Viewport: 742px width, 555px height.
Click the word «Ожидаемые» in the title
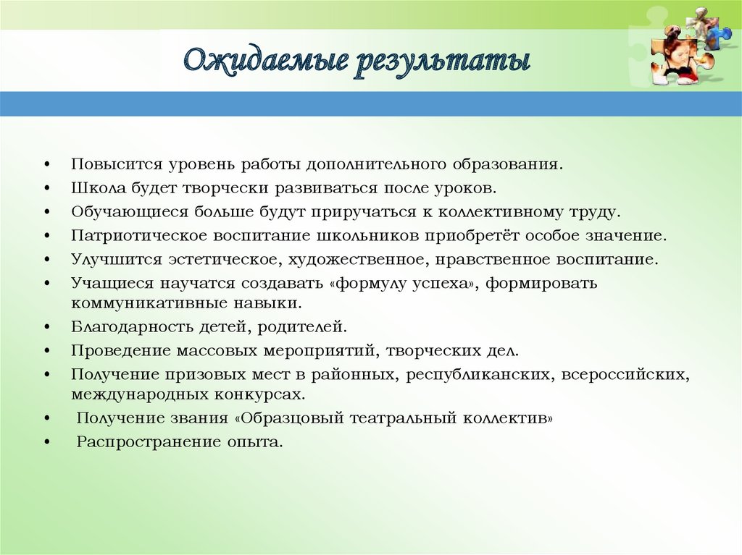pyautogui.click(x=265, y=62)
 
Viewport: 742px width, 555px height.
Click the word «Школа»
pyautogui.click(x=99, y=187)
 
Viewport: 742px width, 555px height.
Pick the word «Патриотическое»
pyautogui.click(x=139, y=235)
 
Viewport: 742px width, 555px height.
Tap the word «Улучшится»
pyautogui.click(x=117, y=260)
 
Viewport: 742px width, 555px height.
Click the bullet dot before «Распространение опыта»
pyautogui.click(x=47, y=443)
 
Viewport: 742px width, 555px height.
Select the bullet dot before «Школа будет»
pyautogui.click(x=47, y=189)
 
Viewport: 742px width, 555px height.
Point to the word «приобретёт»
pyautogui.click(x=472, y=235)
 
